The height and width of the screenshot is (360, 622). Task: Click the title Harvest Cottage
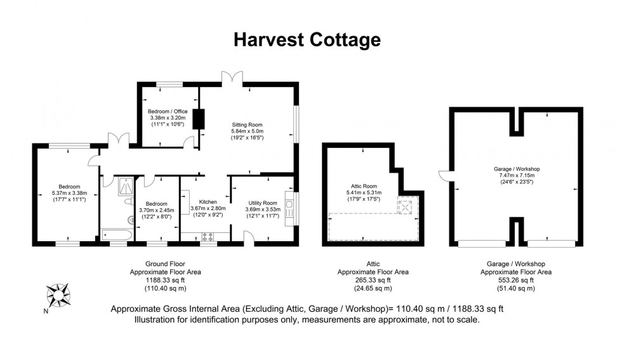[x=307, y=39]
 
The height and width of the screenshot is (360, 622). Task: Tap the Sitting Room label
[x=247, y=124]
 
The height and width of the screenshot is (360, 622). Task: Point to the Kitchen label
[x=208, y=201]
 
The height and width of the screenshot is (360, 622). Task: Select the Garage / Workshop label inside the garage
[x=516, y=169]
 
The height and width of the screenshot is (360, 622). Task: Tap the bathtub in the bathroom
[x=117, y=237]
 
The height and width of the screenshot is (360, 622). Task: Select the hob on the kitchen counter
[x=208, y=237]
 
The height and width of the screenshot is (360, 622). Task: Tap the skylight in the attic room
[x=404, y=206]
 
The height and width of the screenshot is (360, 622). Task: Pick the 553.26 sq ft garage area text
[x=515, y=280]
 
